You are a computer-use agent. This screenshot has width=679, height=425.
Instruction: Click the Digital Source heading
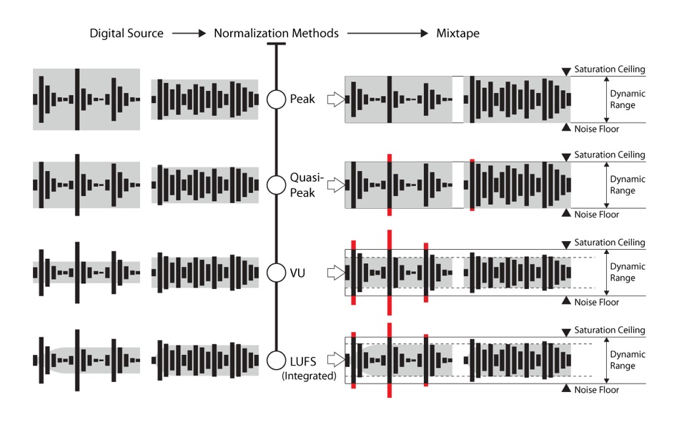pyautogui.click(x=126, y=34)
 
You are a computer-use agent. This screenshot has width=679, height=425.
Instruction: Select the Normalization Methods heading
pyautogui.click(x=276, y=34)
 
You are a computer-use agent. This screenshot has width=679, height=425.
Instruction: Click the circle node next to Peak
pyautogui.click(x=276, y=99)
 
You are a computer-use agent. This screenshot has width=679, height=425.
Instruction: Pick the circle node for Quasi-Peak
pyautogui.click(x=276, y=185)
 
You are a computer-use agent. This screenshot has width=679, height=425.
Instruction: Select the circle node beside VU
pyautogui.click(x=276, y=273)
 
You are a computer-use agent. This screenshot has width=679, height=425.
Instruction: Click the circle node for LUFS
pyautogui.click(x=276, y=360)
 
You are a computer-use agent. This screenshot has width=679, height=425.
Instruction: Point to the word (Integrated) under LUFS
pyautogui.click(x=309, y=375)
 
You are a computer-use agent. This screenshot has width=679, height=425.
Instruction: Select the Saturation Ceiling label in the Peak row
pyautogui.click(x=610, y=69)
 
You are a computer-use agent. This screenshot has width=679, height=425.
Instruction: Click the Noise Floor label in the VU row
pyautogui.click(x=596, y=303)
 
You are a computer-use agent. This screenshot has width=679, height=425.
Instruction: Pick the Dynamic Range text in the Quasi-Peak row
pyautogui.click(x=623, y=185)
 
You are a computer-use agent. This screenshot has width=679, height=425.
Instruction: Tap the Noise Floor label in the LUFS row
pyautogui.click(x=596, y=390)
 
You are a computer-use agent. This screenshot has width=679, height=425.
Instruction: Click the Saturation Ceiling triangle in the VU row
pyautogui.click(x=566, y=245)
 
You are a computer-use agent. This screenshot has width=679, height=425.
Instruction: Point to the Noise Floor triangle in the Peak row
pyautogui.click(x=566, y=129)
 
